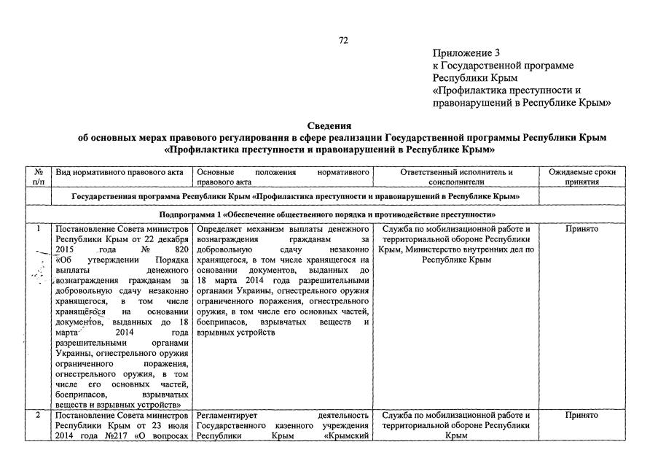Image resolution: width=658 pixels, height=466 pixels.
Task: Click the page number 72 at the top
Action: point(344,40)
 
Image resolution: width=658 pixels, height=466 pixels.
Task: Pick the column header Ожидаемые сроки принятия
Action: point(581,177)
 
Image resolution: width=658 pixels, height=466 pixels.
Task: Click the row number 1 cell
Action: point(38,230)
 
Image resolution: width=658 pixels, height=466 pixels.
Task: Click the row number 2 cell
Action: point(38,416)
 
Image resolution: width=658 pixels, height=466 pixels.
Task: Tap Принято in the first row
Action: point(581,229)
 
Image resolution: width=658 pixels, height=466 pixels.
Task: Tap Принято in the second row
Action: point(581,416)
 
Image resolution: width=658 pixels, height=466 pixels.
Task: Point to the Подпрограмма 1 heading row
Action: point(328,214)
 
